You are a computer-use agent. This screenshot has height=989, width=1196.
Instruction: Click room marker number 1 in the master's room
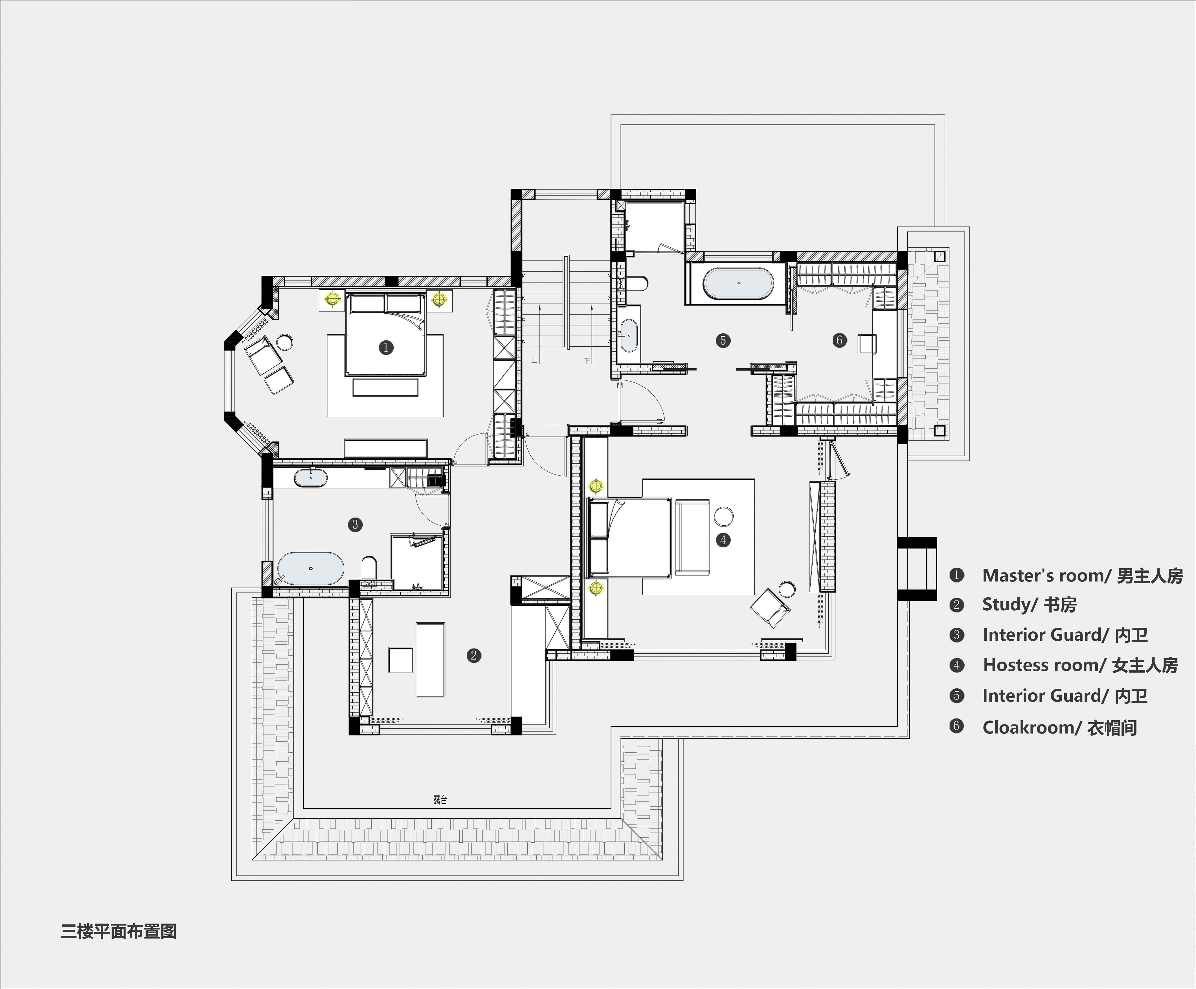pos(386,347)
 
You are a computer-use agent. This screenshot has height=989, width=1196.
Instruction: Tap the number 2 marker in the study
pos(473,655)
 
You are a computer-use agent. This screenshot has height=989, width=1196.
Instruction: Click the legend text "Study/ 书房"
pos(1029,605)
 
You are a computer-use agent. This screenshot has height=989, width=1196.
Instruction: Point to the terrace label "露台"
pos(440,800)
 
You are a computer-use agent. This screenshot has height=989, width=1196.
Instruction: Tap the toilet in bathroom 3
pos(369,567)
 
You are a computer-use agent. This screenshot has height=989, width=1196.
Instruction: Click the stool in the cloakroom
pos(866,344)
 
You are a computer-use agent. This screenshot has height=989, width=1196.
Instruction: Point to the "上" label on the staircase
pos(534,360)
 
